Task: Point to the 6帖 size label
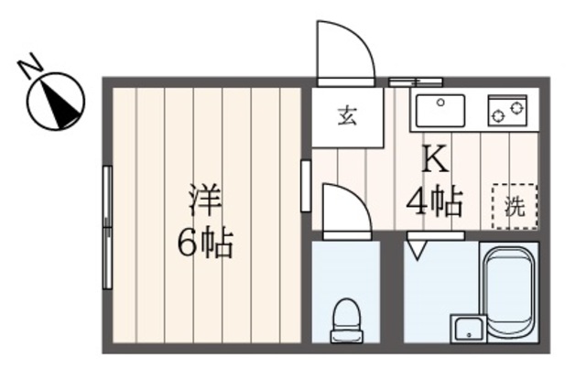pyautogui.click(x=204, y=244)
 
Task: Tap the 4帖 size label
pyautogui.click(x=434, y=200)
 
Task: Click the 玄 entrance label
pyautogui.click(x=346, y=116)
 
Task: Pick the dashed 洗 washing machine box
pyautogui.click(x=514, y=206)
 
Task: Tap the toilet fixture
pyautogui.click(x=345, y=318)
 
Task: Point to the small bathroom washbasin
pyautogui.click(x=468, y=327)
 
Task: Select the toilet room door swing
pyautogui.click(x=346, y=210)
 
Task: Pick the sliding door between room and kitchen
pyautogui.click(x=305, y=186)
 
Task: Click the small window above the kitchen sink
pyautogui.click(x=403, y=81)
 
